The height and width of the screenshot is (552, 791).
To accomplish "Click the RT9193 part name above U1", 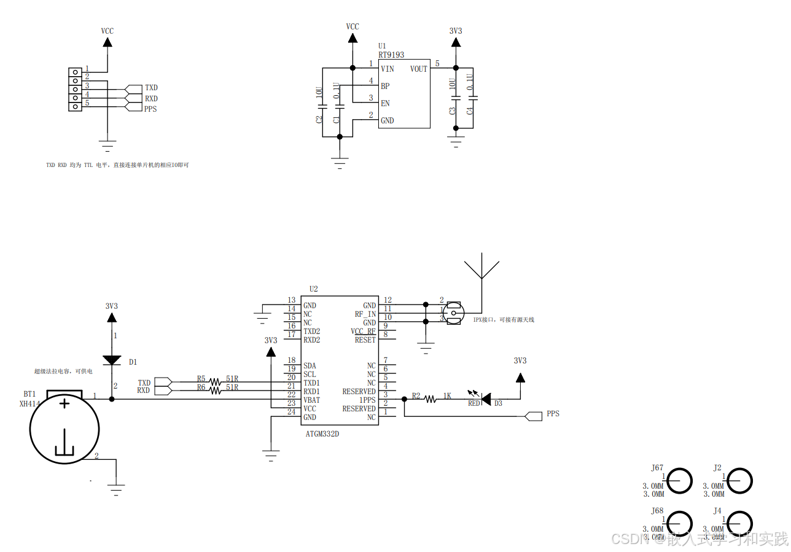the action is (x=391, y=55).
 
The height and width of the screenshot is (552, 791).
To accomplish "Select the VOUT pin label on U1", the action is (x=418, y=69).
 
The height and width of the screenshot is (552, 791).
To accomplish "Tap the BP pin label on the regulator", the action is (x=385, y=86).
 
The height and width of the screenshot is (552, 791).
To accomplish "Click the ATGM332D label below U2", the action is (x=322, y=433).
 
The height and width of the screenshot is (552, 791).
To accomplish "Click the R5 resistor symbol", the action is (x=215, y=382).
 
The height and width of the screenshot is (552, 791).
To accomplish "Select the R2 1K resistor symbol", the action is (x=431, y=399).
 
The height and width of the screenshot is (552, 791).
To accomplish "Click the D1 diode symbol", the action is (x=112, y=360).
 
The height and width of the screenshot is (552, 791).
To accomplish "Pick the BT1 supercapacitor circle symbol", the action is (x=64, y=429).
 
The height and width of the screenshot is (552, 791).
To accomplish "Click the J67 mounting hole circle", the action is (x=679, y=480).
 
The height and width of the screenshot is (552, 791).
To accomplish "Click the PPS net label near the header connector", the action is (x=150, y=109).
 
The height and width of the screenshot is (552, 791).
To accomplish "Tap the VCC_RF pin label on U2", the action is (x=363, y=331).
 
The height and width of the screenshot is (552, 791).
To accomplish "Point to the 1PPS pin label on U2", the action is (x=367, y=400).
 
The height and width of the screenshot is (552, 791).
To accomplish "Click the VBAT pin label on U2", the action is (x=312, y=400).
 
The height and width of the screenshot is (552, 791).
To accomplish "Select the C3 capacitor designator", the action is (x=453, y=111).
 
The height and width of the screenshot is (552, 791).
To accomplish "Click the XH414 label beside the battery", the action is (x=28, y=404).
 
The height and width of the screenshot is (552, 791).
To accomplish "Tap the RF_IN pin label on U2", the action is (x=365, y=314).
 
